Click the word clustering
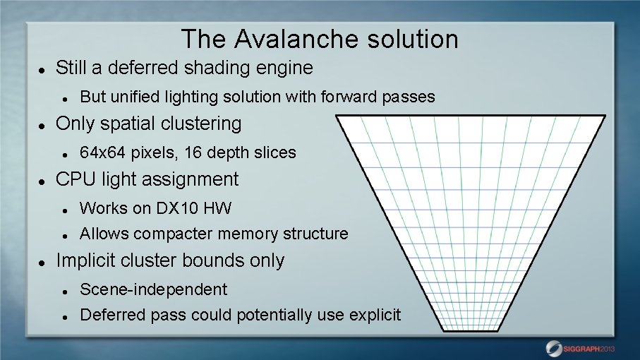click(x=198, y=124)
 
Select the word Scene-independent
click(x=154, y=289)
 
